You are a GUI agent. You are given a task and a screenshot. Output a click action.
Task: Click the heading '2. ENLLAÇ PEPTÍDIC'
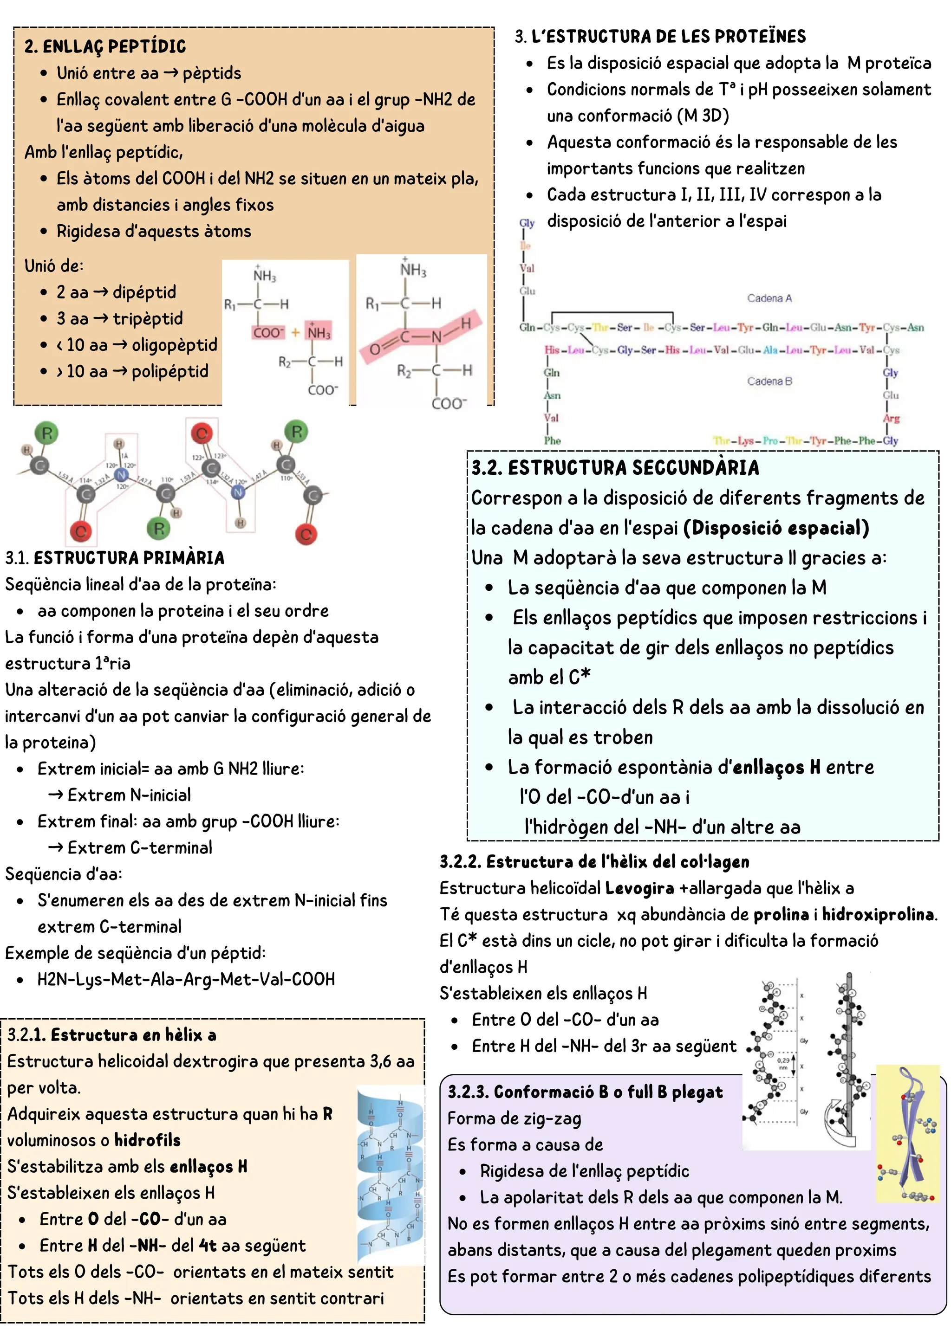(x=105, y=46)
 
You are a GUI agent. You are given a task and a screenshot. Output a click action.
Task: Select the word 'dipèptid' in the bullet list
(x=144, y=291)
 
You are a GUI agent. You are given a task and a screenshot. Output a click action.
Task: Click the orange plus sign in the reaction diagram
(x=296, y=332)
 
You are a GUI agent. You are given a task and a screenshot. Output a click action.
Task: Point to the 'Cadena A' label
(x=769, y=298)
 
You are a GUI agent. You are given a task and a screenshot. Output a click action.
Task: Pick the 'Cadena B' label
(x=769, y=381)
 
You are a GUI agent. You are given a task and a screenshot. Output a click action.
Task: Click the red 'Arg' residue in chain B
(x=891, y=419)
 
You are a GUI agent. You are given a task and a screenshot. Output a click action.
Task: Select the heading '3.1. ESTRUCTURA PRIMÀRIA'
(x=115, y=558)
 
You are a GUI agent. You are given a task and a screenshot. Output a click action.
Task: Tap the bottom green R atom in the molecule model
(x=159, y=528)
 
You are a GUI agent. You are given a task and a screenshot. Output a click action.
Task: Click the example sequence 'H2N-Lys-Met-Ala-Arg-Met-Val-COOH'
(x=186, y=979)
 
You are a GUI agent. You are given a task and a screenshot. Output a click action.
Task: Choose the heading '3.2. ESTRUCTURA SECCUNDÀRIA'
(x=615, y=468)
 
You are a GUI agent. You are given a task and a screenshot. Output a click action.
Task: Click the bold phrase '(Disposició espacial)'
(x=776, y=528)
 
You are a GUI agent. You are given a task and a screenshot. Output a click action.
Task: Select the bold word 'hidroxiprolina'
(x=878, y=914)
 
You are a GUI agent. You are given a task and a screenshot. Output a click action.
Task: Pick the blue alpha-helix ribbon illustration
(x=390, y=1174)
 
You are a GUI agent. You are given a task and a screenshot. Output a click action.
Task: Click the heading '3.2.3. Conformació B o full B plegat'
(x=585, y=1092)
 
